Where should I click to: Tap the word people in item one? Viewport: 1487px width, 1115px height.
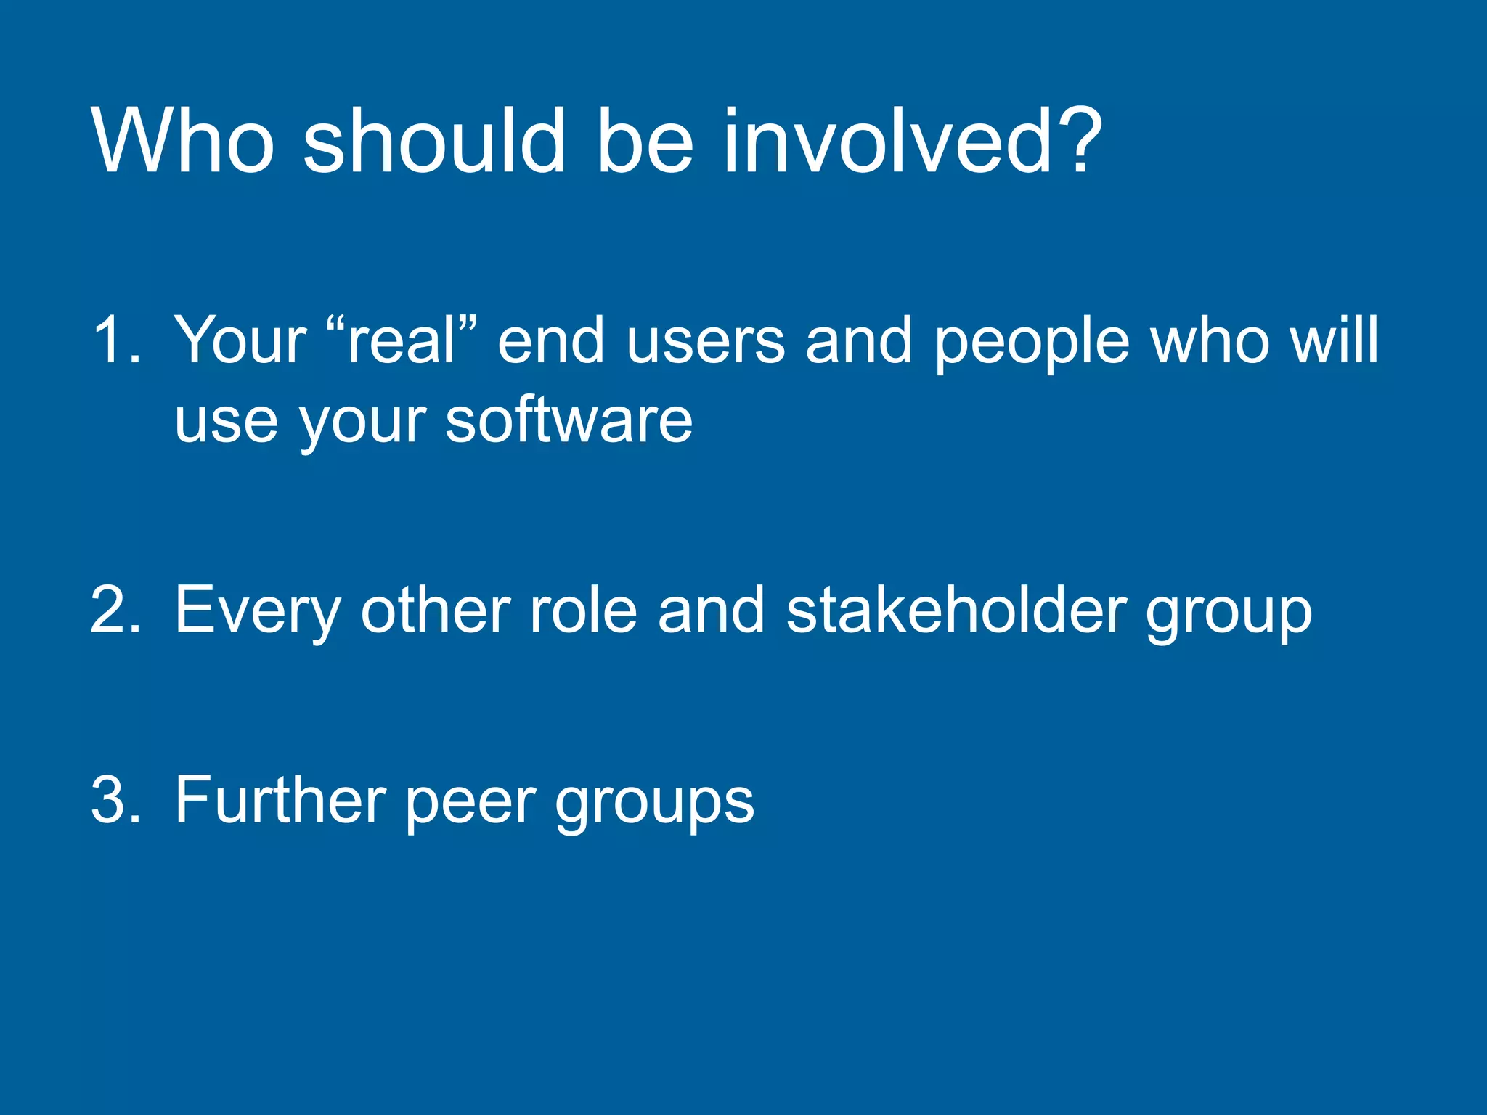(1032, 341)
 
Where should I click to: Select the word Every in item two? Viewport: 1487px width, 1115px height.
(257, 611)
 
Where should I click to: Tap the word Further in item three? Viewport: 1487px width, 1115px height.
(280, 800)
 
